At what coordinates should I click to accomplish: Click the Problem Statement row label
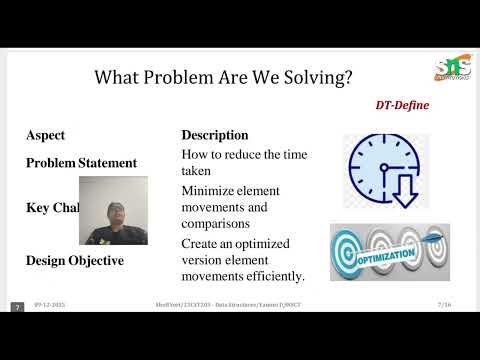[81, 163]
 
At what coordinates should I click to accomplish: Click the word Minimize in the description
[210, 190]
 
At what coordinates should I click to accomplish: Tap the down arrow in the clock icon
[403, 192]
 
